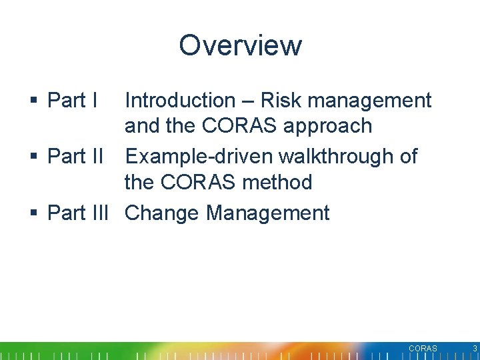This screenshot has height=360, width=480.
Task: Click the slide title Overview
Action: pos(240,45)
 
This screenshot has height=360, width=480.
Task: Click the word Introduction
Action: pos(180,101)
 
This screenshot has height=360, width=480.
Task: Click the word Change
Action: pos(163,213)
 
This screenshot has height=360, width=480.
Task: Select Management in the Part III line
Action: pos(268,213)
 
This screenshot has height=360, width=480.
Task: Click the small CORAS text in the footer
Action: pos(423,349)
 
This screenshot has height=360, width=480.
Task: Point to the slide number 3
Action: pos(475,349)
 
